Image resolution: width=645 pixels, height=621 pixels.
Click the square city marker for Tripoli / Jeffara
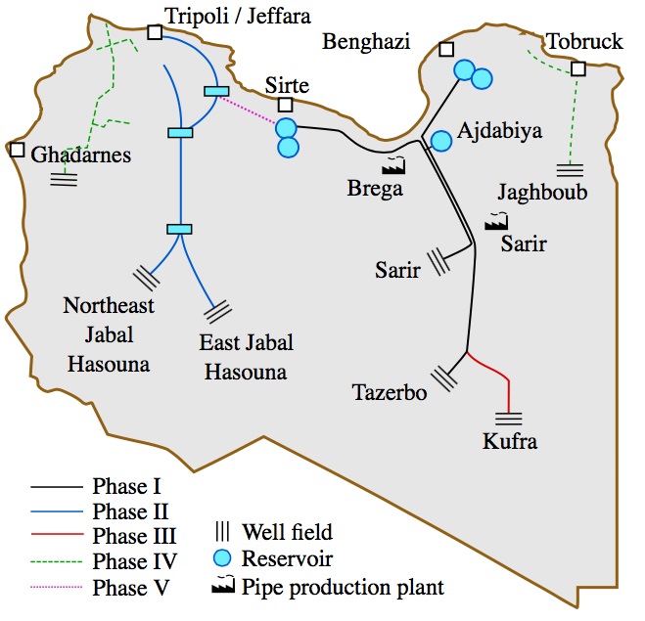(x=155, y=32)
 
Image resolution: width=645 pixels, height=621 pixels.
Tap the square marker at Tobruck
(x=578, y=69)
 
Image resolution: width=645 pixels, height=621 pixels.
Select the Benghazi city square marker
(x=446, y=49)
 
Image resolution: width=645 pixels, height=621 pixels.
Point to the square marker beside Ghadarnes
(x=17, y=150)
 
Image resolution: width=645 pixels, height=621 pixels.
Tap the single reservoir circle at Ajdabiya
(x=441, y=141)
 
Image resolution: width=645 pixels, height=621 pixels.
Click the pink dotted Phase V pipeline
(x=253, y=109)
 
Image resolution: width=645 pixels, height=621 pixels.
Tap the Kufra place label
(x=510, y=442)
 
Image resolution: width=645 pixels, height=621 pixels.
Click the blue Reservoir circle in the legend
(x=222, y=559)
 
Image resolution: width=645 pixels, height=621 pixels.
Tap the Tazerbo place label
(x=390, y=393)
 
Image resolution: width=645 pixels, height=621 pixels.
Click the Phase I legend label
(x=126, y=485)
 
